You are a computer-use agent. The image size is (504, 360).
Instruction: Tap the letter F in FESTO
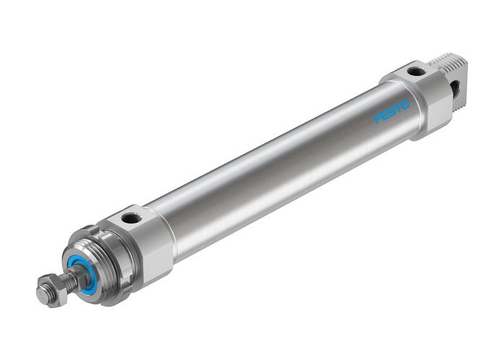tap(377, 120)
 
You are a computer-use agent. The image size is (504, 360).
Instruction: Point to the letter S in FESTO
tap(392, 113)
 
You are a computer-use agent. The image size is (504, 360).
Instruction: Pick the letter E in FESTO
tap(384, 117)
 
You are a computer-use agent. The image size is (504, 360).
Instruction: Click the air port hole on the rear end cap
tap(416, 71)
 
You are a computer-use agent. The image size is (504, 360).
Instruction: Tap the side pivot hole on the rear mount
tap(456, 88)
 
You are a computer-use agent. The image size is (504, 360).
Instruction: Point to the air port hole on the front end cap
tap(132, 217)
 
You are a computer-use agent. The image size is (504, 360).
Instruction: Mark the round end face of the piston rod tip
tap(42, 295)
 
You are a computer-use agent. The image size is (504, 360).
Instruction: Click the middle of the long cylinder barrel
tap(281, 169)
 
